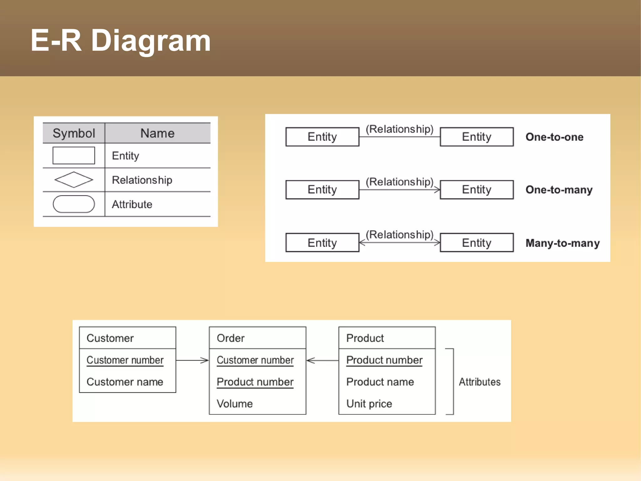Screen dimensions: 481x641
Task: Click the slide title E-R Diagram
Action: click(x=121, y=40)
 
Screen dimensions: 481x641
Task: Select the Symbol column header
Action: click(x=74, y=133)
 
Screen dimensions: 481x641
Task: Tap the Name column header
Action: click(x=157, y=133)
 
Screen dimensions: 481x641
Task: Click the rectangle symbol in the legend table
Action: click(x=74, y=155)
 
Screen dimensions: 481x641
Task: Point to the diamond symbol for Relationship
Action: click(x=74, y=180)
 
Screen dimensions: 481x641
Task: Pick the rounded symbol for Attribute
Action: click(x=74, y=204)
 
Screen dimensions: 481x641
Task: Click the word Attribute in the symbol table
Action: click(x=132, y=204)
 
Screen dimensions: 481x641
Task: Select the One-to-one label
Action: click(x=554, y=137)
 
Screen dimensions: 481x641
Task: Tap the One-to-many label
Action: click(x=559, y=190)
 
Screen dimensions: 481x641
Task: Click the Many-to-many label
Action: click(x=562, y=243)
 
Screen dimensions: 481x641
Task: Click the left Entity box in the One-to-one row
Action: click(x=322, y=137)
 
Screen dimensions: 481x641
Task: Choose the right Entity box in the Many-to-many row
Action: click(x=477, y=243)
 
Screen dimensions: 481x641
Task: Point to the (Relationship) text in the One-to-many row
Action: click(x=399, y=182)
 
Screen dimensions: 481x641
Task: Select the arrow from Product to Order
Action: click(x=322, y=360)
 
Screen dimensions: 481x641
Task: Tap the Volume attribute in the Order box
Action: click(x=235, y=404)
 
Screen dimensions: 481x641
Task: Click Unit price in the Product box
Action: click(x=369, y=404)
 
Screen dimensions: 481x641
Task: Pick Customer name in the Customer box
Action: click(x=125, y=382)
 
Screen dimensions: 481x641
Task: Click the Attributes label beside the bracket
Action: click(x=479, y=382)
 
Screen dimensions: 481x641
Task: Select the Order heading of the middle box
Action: click(x=231, y=338)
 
